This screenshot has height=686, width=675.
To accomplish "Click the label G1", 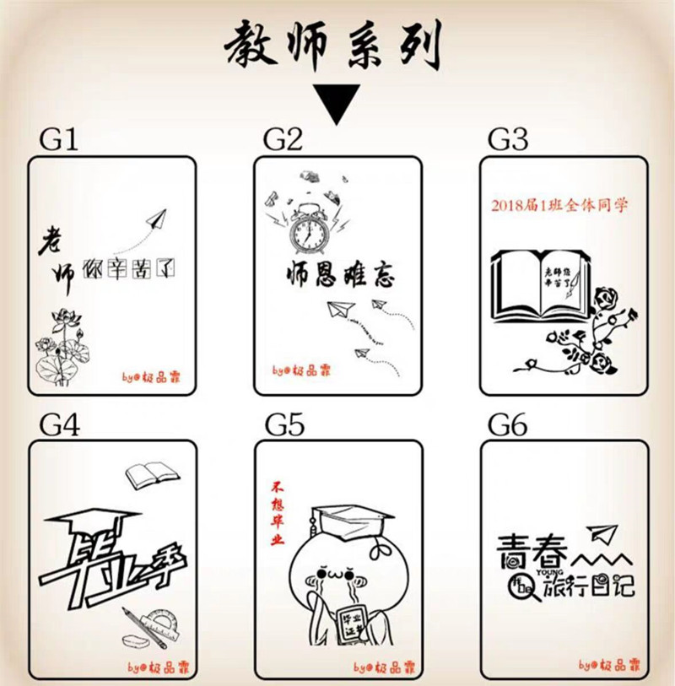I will (x=59, y=139).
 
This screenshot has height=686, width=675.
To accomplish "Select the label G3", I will (x=508, y=139).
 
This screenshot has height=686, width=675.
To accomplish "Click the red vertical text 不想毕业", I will (x=276, y=514).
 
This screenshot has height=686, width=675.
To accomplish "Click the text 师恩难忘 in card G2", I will (x=338, y=274).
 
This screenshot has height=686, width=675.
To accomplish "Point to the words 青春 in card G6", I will (x=526, y=548).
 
